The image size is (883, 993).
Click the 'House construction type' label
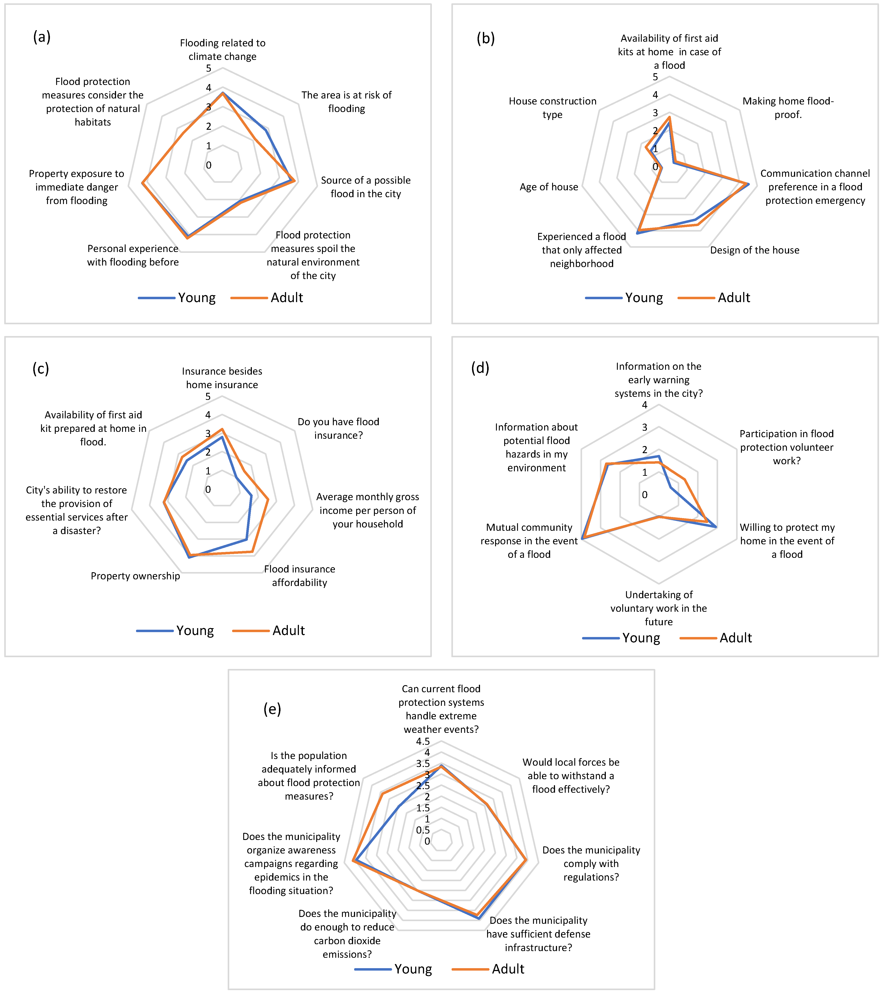(553, 108)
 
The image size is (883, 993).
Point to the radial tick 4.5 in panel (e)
(423, 741)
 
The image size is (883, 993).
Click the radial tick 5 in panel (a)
(208, 69)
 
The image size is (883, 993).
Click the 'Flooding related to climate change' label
(223, 49)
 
